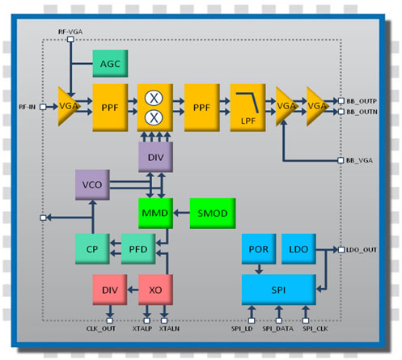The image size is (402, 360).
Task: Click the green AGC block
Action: [x=110, y=64]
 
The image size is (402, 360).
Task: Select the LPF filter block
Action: [x=248, y=108]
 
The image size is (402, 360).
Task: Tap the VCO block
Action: [x=92, y=184]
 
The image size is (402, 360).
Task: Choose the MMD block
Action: [x=155, y=214]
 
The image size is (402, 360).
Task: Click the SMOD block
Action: [x=213, y=214]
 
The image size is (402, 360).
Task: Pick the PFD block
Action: [x=138, y=249]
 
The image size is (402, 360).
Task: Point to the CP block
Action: [x=92, y=249]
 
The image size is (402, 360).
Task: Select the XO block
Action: [x=155, y=290]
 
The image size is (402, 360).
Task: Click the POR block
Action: [x=259, y=249]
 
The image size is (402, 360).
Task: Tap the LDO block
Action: [x=298, y=249]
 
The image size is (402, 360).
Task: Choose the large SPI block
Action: [x=279, y=290]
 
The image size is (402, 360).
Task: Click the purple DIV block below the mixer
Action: [x=155, y=157]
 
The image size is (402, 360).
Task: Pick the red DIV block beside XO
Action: [x=110, y=290]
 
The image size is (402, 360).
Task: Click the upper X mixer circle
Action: [x=154, y=98]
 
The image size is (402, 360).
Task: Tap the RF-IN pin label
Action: [x=28, y=107]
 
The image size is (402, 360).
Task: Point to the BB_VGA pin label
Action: [x=359, y=160]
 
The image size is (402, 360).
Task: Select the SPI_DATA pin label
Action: [x=278, y=328]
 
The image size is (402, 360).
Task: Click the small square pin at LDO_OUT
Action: [x=341, y=250]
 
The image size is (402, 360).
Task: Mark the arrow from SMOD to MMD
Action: [x=181, y=213]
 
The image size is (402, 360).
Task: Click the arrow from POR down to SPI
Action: [x=259, y=269]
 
